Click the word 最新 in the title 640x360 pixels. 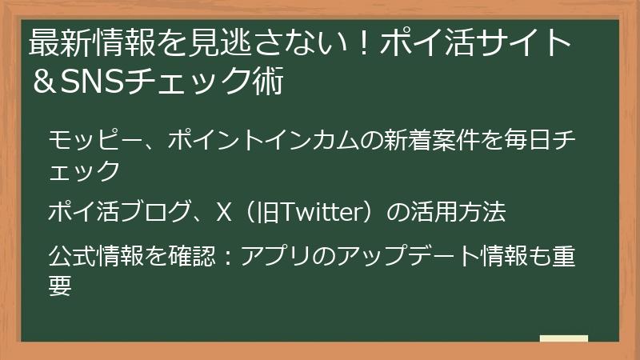[57, 42]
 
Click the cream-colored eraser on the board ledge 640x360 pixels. [563, 338]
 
